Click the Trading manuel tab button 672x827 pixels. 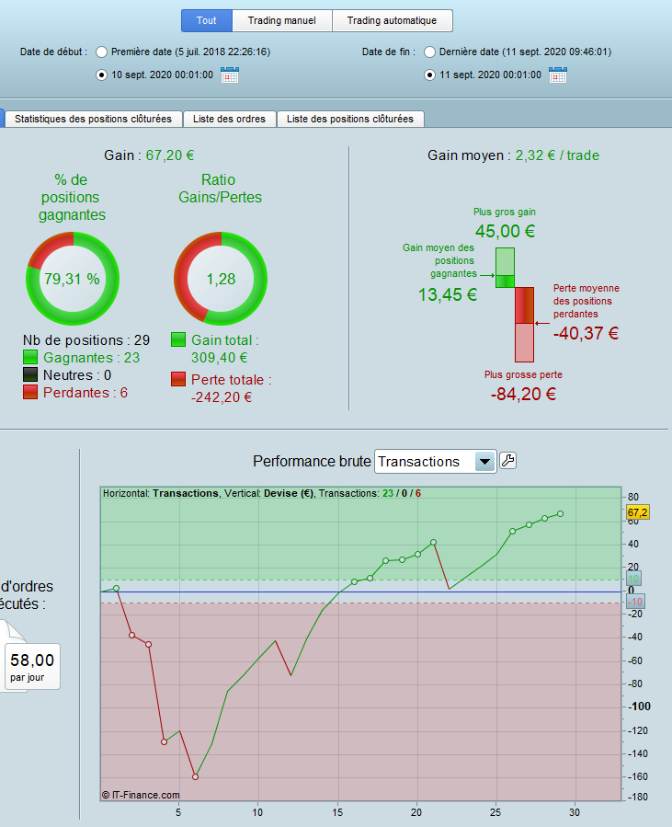(x=281, y=20)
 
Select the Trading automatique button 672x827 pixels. (x=393, y=20)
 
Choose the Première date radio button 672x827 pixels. (x=101, y=52)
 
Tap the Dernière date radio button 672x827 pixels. (x=429, y=52)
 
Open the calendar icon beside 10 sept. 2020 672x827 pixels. (x=230, y=75)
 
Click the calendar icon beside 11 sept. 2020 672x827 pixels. (x=558, y=75)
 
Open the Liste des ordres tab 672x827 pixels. (x=229, y=119)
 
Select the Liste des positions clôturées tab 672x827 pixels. (x=349, y=119)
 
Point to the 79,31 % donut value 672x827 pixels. (x=72, y=280)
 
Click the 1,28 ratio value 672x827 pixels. (x=221, y=280)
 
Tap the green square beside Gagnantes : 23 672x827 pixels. (x=30, y=358)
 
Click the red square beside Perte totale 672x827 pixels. (x=178, y=379)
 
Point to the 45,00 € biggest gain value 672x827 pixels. (x=505, y=232)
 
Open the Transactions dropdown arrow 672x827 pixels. (x=485, y=462)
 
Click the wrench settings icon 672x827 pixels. (x=507, y=461)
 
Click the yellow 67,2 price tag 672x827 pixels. (x=637, y=511)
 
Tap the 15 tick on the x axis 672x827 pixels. (x=337, y=812)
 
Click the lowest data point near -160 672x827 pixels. (x=195, y=776)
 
